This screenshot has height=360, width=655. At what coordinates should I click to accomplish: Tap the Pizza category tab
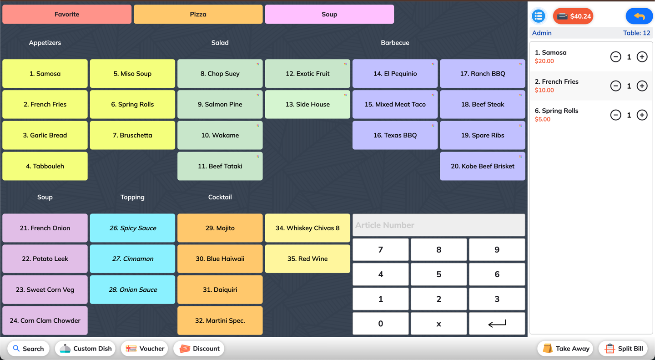(x=198, y=15)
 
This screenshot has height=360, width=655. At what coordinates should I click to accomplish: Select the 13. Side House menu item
(x=307, y=105)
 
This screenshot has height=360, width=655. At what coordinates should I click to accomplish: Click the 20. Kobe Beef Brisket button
(x=483, y=166)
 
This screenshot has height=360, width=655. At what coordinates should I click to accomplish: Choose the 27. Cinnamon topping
(x=132, y=259)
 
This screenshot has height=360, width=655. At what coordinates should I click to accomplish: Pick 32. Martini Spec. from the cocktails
(x=220, y=320)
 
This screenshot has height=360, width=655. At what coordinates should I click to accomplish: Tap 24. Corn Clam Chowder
(x=45, y=320)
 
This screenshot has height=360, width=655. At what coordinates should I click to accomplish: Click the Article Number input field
(x=438, y=225)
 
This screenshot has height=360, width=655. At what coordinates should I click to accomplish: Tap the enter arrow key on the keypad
(x=497, y=324)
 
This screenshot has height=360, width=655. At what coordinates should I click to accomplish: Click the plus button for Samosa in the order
(x=642, y=57)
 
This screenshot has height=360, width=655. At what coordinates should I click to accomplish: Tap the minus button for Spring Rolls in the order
(x=615, y=115)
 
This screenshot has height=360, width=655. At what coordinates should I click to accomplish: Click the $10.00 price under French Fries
(x=544, y=90)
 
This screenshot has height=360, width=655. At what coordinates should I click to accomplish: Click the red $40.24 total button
(x=573, y=16)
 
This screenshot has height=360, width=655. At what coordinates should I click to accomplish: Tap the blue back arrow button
(x=639, y=16)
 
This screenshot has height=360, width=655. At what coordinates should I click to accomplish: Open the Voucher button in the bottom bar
(x=145, y=349)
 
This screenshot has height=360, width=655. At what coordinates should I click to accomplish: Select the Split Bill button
(x=624, y=349)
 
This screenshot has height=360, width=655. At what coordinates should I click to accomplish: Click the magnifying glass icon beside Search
(x=16, y=348)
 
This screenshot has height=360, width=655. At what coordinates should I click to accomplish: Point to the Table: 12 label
(x=637, y=33)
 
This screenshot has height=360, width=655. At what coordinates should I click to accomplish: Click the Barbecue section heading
(x=395, y=43)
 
